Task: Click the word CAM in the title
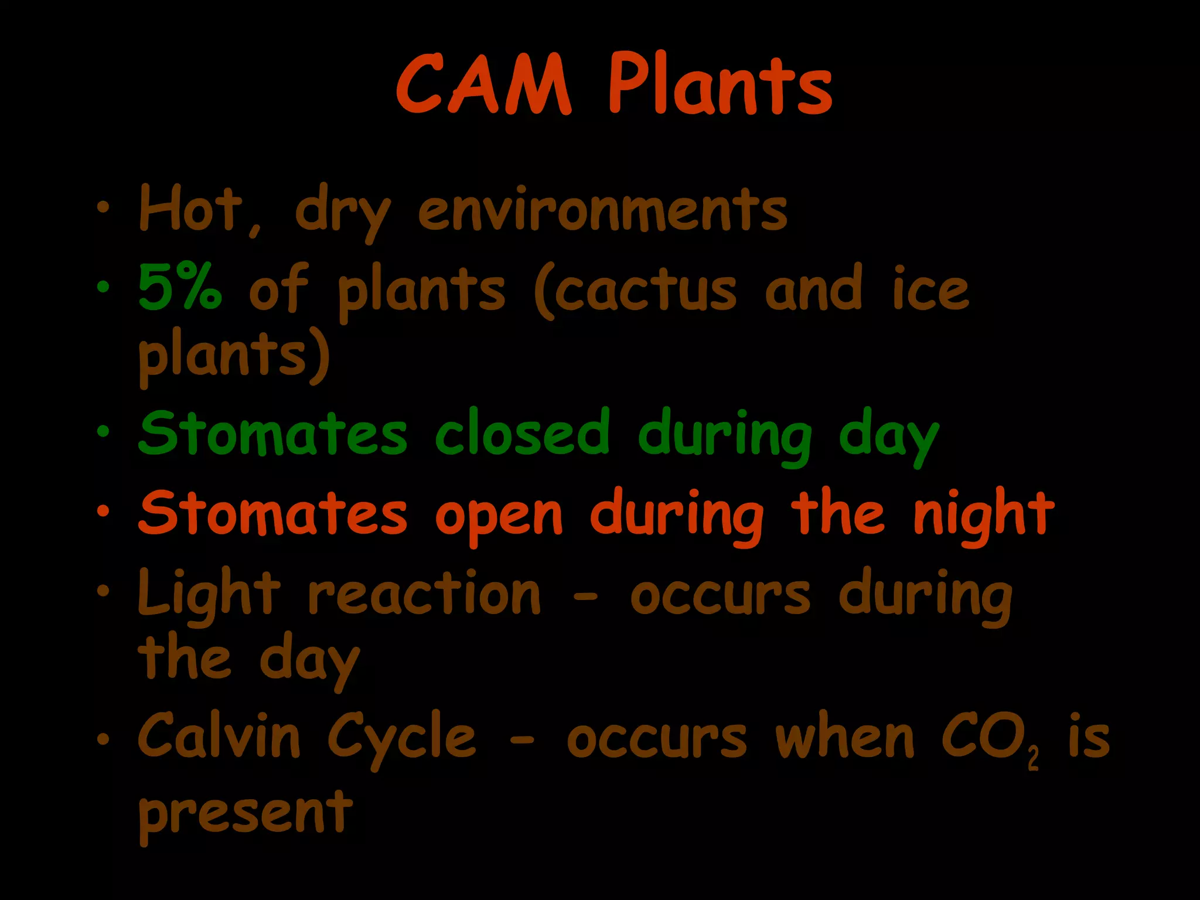483,85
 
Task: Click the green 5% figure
180,288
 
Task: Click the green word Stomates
272,433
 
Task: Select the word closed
523,433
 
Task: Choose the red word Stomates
272,513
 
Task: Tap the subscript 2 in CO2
1033,760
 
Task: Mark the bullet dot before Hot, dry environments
104,207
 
